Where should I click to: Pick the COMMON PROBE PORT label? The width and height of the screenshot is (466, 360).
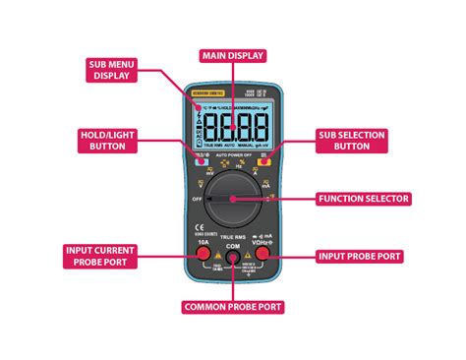(x=233, y=307)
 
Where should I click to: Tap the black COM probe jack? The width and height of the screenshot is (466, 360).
(x=233, y=259)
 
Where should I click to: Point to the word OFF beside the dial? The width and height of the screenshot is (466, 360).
(x=196, y=197)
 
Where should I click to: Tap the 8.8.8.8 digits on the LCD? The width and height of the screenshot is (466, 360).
(x=236, y=127)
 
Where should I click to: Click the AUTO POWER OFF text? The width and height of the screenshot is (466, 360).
(x=233, y=155)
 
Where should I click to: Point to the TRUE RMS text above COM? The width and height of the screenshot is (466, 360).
(x=233, y=237)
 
